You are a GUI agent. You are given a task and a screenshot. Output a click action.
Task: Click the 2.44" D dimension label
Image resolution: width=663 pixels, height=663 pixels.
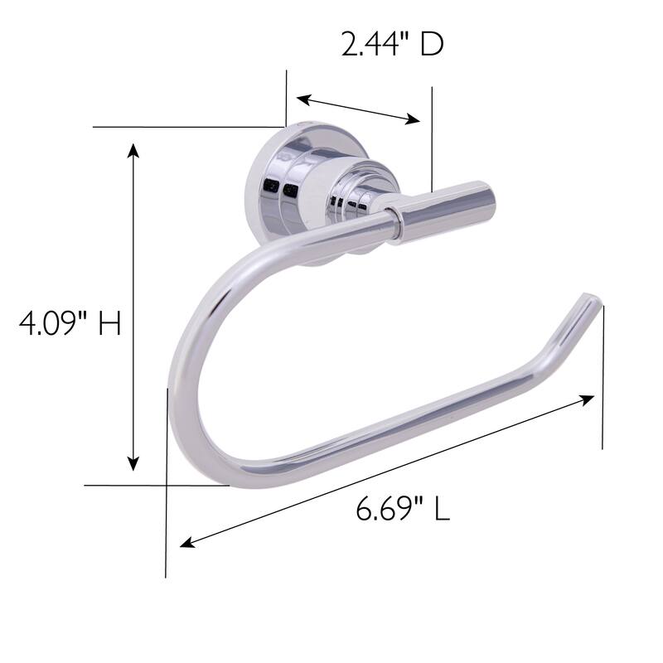point(392,44)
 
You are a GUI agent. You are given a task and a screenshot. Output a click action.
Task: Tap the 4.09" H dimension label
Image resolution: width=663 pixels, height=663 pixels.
point(70,322)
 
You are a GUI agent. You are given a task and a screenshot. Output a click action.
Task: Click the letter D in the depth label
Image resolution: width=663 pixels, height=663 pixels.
point(431,44)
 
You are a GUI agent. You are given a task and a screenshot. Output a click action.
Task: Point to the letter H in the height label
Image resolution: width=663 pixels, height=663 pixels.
point(109,322)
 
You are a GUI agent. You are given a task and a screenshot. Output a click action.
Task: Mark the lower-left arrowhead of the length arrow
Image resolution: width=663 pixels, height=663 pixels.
point(187,544)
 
